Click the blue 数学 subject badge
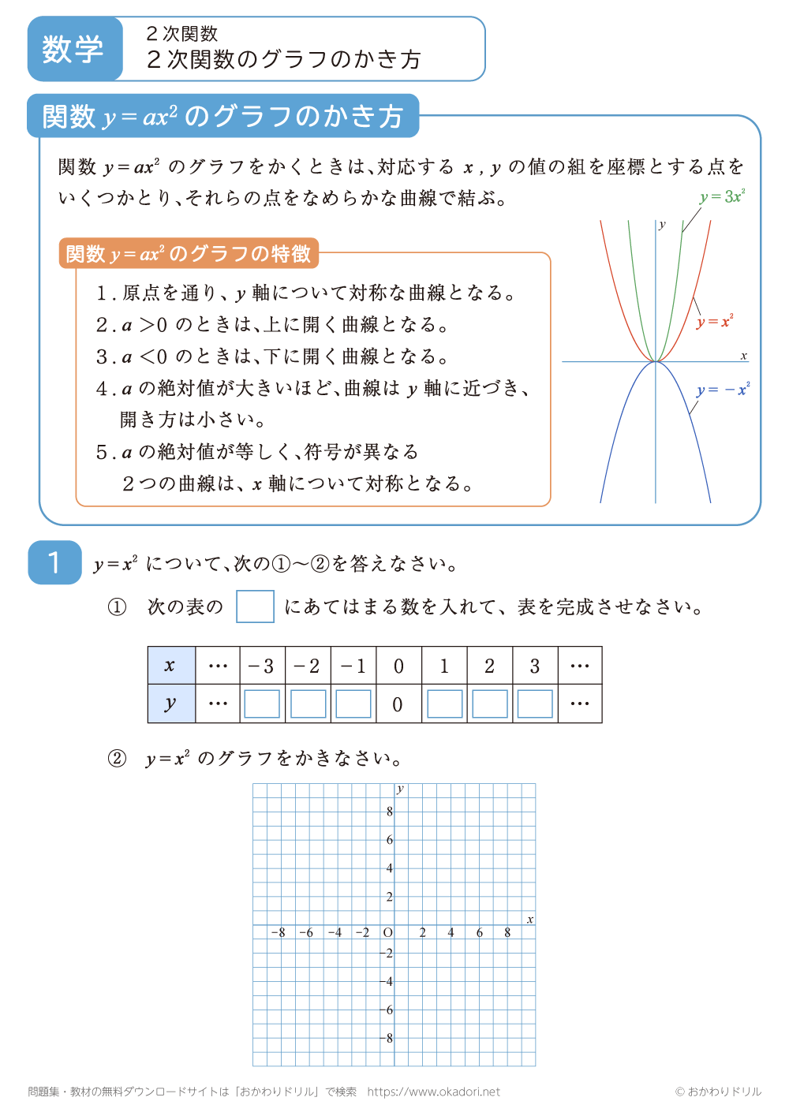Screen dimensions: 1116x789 (x=74, y=49)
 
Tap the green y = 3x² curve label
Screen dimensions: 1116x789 (x=722, y=196)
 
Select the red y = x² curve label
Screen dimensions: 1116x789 (x=715, y=321)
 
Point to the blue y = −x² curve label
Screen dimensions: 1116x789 (x=723, y=390)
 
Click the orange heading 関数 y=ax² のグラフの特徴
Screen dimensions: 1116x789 (x=189, y=254)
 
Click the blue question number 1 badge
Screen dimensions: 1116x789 (x=54, y=562)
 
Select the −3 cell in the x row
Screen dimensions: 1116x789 (x=262, y=666)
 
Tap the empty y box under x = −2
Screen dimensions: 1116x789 (x=308, y=704)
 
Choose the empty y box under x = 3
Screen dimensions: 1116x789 (x=535, y=704)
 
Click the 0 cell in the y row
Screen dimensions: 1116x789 (x=398, y=704)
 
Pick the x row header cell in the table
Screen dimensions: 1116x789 (x=170, y=666)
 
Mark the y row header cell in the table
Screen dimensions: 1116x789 (x=170, y=704)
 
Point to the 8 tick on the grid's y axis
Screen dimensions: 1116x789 (x=390, y=812)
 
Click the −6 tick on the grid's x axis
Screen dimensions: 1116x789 (x=306, y=932)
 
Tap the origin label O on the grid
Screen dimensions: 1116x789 (x=387, y=932)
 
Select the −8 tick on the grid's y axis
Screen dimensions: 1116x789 (x=388, y=1038)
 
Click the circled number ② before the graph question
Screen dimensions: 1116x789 (x=117, y=759)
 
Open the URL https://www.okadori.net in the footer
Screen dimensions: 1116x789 (x=433, y=1092)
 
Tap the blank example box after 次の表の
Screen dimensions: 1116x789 (x=255, y=607)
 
